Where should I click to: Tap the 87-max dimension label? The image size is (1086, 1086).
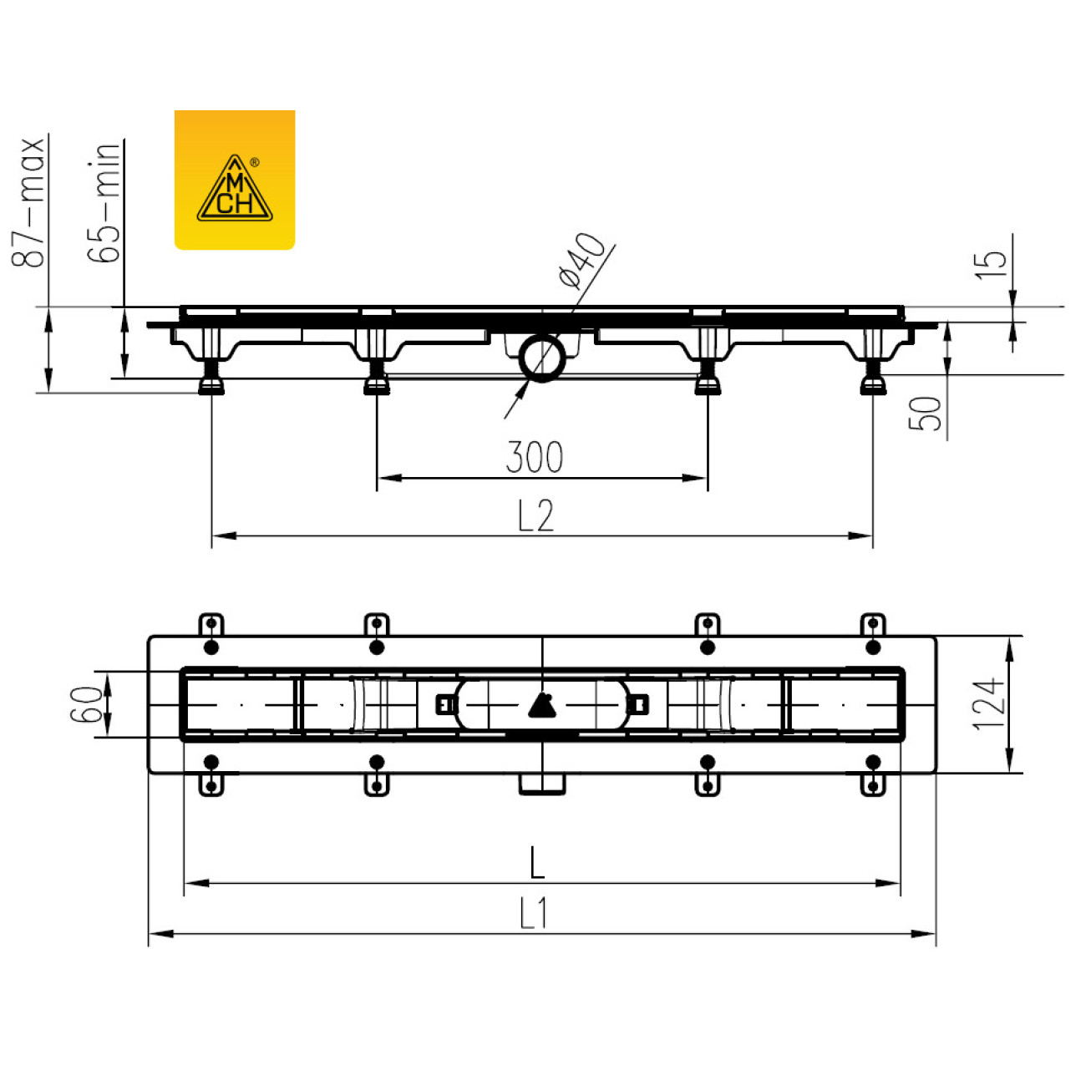click(x=28, y=202)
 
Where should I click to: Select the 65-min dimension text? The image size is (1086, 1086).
click(x=104, y=202)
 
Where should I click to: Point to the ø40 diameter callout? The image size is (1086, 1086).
click(x=581, y=261)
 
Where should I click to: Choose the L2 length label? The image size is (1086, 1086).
click(x=536, y=515)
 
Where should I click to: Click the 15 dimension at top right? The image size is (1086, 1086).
click(x=991, y=264)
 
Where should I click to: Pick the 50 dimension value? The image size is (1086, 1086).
click(x=926, y=414)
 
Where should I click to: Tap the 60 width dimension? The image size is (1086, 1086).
click(x=85, y=704)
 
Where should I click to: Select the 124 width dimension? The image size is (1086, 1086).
click(x=988, y=705)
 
